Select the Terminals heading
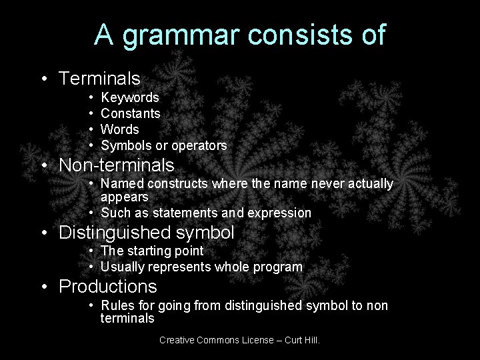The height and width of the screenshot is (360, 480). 99,79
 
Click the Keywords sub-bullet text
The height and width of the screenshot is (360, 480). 130,98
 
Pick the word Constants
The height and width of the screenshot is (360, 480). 131,114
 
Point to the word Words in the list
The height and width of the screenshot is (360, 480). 120,129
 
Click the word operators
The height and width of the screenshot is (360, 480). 200,145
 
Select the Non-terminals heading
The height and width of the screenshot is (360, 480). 117,164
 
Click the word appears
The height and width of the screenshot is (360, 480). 125,197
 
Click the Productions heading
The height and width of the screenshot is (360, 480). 108,287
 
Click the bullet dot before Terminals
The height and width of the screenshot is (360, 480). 43,79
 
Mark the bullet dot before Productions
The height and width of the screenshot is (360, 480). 43,287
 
